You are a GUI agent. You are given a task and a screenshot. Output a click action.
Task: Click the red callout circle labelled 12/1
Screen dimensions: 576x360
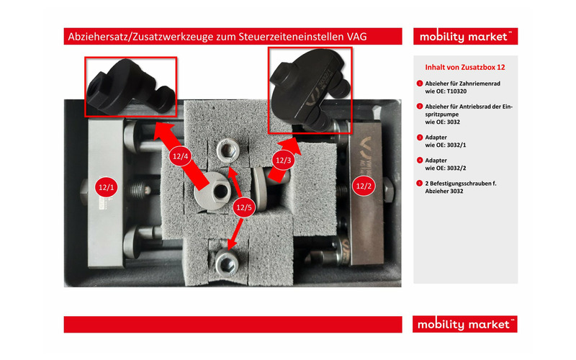click(x=106, y=187)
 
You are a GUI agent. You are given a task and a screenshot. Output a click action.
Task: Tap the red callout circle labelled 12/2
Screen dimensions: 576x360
click(x=364, y=186)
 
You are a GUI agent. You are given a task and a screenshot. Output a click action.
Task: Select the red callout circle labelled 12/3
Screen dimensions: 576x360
click(x=283, y=160)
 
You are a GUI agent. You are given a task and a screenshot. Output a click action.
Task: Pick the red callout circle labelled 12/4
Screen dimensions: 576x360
click(x=181, y=156)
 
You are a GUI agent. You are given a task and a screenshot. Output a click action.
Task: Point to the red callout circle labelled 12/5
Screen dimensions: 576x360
click(x=244, y=207)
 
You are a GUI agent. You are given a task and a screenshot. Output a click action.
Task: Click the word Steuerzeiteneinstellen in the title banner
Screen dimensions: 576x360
click(x=292, y=37)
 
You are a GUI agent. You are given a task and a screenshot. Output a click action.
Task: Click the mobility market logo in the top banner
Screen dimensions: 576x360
click(x=465, y=37)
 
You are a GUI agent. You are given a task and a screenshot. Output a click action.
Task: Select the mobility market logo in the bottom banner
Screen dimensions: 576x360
click(x=464, y=325)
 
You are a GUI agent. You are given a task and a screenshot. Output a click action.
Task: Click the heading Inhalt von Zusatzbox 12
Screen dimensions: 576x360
click(x=465, y=67)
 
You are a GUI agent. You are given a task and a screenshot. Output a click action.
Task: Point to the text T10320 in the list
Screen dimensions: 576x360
click(x=456, y=91)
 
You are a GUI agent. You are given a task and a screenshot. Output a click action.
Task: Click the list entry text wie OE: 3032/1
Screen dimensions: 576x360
click(x=446, y=145)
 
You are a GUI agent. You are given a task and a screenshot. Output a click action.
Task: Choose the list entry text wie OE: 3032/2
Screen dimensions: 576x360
click(x=446, y=168)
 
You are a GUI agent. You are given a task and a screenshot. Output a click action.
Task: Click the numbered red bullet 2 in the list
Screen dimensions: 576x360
click(x=420, y=106)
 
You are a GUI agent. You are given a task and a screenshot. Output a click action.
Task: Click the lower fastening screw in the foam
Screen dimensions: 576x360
click(x=227, y=262)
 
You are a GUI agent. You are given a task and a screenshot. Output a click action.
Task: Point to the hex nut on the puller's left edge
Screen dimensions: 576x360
click(x=84, y=192)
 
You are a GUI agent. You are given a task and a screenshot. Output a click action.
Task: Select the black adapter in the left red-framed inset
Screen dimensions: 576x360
click(x=130, y=86)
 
